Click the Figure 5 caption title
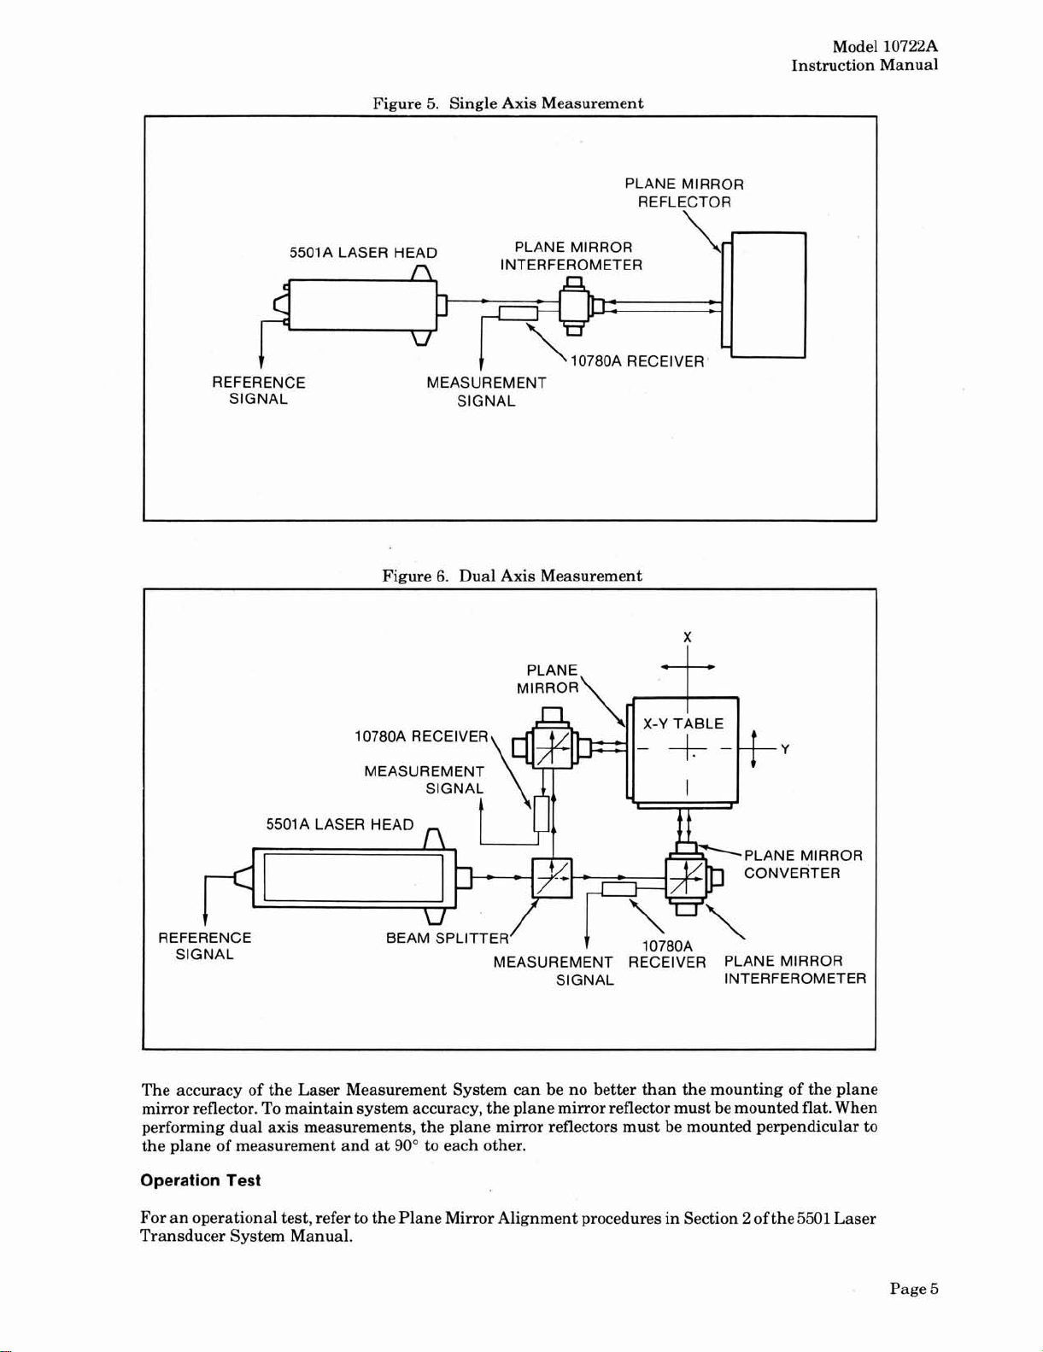[507, 102]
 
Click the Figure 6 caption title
[512, 576]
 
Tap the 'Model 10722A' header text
[885, 46]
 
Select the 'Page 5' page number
[913, 1289]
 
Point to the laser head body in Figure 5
[361, 306]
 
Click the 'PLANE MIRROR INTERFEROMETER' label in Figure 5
[571, 256]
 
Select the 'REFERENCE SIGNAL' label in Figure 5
[259, 390]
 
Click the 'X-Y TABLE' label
[683, 723]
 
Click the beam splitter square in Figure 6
[552, 878]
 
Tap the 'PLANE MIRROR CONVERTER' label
[804, 864]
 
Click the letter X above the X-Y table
[687, 637]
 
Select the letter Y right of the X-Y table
[785, 750]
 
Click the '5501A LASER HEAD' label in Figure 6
[340, 824]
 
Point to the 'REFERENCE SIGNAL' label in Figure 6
[205, 945]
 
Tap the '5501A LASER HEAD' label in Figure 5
[363, 252]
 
